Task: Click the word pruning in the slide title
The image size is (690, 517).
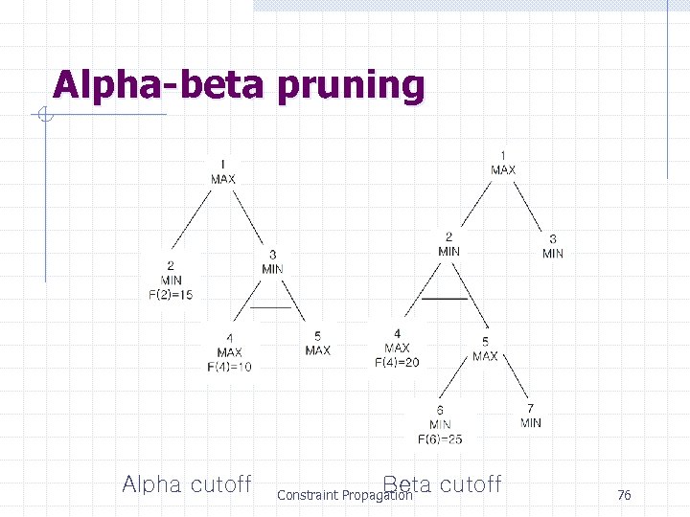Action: [351, 86]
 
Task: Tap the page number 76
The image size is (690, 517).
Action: [624, 495]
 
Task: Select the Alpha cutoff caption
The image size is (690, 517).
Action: [187, 484]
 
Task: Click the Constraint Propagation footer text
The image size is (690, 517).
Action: [344, 496]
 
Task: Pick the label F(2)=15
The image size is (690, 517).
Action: [171, 295]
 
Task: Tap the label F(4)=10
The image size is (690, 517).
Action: [230, 367]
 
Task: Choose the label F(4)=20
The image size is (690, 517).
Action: [397, 362]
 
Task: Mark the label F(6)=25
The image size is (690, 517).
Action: [440, 438]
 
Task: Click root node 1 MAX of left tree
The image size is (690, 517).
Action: [222, 171]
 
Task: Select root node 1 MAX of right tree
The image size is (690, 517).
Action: [503, 163]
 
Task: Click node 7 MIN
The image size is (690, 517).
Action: [531, 416]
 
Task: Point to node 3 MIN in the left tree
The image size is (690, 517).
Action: [273, 262]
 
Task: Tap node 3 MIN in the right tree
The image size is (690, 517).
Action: [553, 246]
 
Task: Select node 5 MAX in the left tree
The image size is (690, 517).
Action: [317, 344]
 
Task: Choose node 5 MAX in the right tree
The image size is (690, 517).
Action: [485, 349]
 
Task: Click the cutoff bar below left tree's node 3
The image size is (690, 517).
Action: [271, 307]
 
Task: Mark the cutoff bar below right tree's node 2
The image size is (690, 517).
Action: [445, 299]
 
